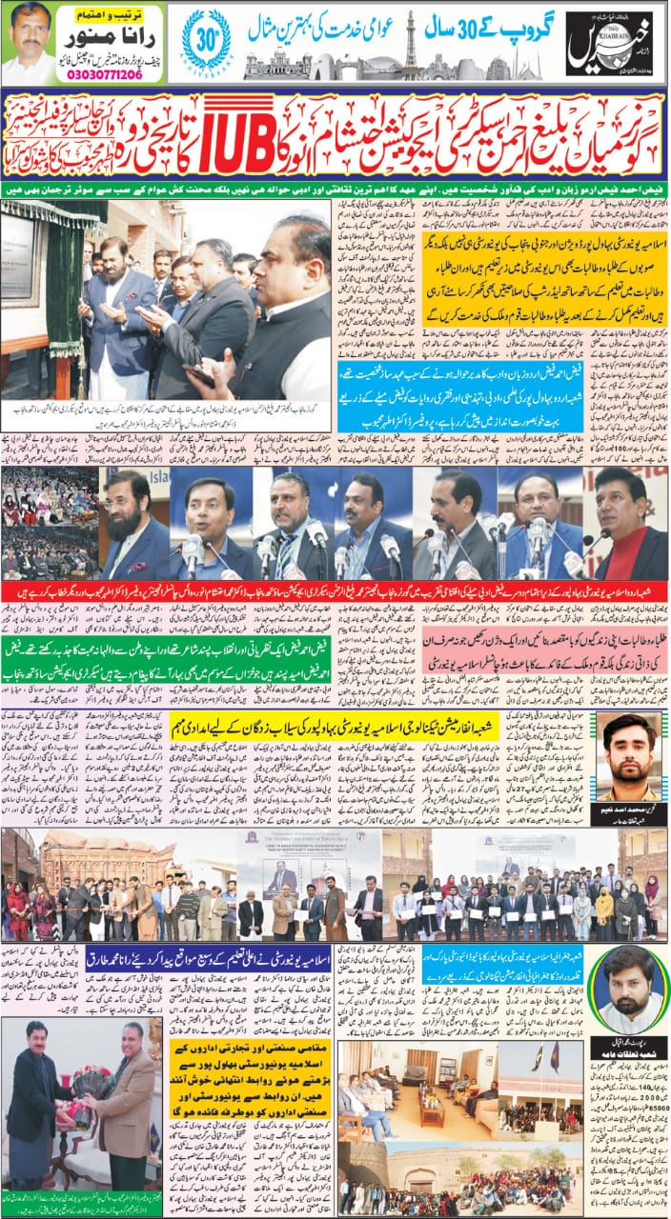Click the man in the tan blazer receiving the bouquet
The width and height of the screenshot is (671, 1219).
(x=124, y=1114)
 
